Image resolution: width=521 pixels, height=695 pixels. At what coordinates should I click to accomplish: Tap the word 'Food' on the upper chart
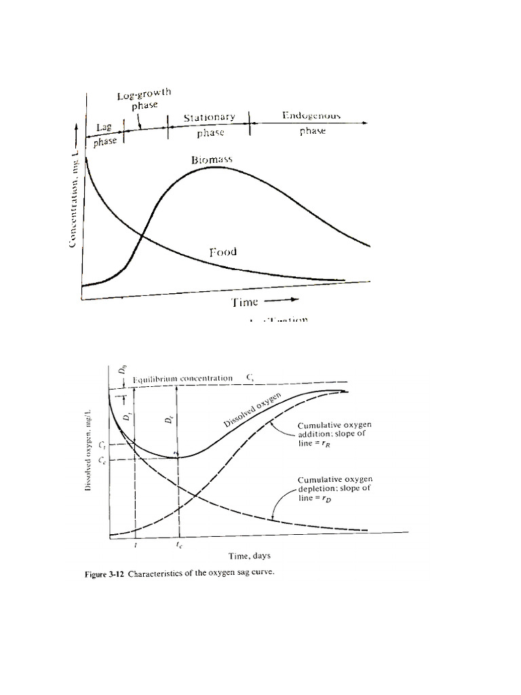pos(223,252)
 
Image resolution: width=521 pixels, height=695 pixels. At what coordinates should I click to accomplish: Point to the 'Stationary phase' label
pos(209,126)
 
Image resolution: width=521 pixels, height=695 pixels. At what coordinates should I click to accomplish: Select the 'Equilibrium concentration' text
pos(183,378)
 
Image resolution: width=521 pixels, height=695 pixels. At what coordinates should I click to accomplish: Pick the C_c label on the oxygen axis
pos(102,461)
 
